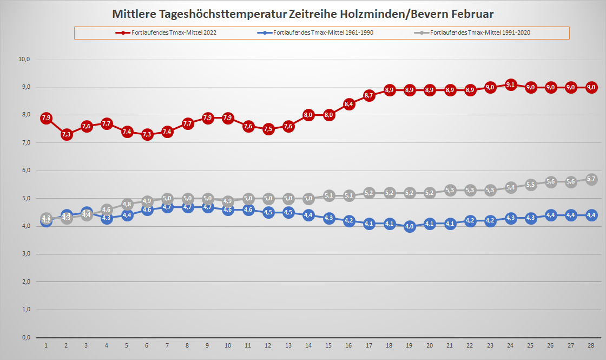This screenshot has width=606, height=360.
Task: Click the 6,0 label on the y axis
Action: pyautogui.click(x=24, y=171)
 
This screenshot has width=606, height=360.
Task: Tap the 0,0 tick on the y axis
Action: pyautogui.click(x=24, y=338)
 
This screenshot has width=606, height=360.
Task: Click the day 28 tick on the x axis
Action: pyautogui.click(x=591, y=345)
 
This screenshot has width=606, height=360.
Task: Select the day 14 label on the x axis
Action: pyautogui.click(x=308, y=345)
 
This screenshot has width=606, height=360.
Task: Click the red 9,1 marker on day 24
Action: pyautogui.click(x=510, y=84)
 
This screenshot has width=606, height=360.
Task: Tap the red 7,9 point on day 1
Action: pyautogui.click(x=46, y=118)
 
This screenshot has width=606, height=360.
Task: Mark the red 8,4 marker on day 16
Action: pyautogui.click(x=349, y=104)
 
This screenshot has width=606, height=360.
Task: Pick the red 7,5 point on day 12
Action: pyautogui.click(x=268, y=129)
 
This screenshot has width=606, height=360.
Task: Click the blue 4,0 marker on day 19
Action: pyautogui.click(x=410, y=226)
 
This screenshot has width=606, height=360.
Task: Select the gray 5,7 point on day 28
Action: pyautogui.click(x=591, y=179)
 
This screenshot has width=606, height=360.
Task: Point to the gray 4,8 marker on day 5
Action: pyautogui.click(x=127, y=204)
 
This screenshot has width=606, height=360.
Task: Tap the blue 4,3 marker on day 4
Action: pyautogui.click(x=107, y=218)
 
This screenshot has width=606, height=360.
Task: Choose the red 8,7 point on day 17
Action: pyautogui.click(x=369, y=96)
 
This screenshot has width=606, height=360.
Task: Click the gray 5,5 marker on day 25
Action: pyautogui.click(x=531, y=185)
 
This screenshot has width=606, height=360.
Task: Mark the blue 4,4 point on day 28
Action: pyautogui.click(x=591, y=215)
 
